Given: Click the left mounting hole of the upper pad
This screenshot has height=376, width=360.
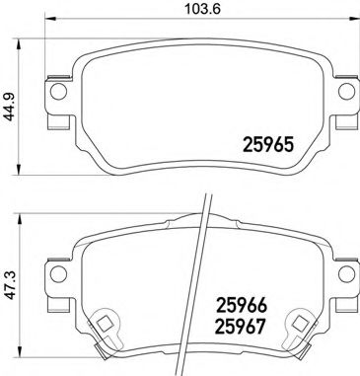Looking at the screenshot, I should [50, 96].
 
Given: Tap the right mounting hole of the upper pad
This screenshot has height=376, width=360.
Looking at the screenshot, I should [346, 95].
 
